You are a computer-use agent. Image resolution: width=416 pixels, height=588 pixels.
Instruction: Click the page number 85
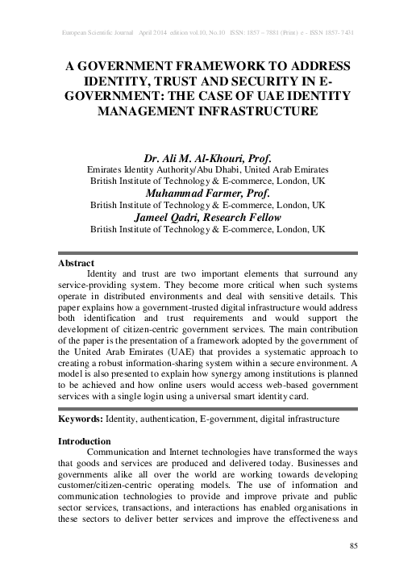point(352,548)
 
